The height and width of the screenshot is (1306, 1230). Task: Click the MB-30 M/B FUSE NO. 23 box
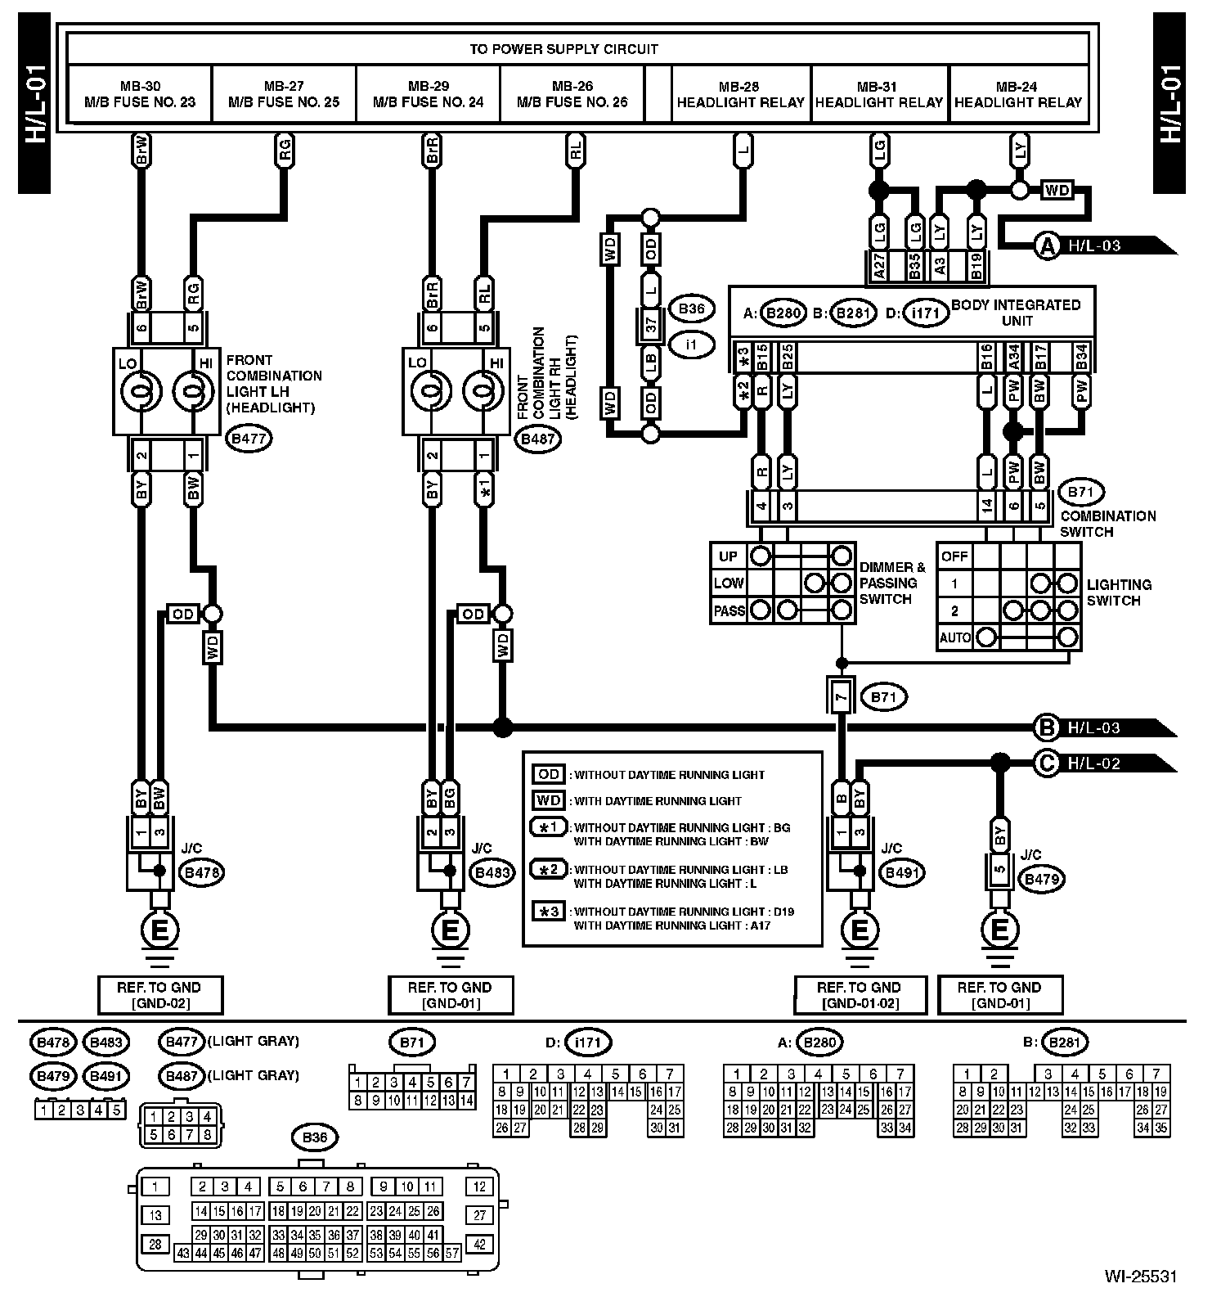click(x=140, y=94)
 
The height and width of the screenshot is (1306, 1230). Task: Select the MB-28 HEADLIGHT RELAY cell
click(x=740, y=94)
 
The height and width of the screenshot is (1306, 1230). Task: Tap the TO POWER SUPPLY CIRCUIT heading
click(x=563, y=49)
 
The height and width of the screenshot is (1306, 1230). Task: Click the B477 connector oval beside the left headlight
click(x=249, y=439)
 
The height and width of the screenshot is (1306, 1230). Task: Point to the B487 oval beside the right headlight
click(x=538, y=439)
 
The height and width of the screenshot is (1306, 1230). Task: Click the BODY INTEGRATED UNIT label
click(x=1016, y=312)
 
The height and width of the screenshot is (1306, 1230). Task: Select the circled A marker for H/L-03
click(x=1048, y=245)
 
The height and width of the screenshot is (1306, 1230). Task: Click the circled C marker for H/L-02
click(x=1047, y=763)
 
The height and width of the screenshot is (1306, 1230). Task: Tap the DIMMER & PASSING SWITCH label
click(x=892, y=583)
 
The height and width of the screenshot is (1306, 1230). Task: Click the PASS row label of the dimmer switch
click(x=729, y=610)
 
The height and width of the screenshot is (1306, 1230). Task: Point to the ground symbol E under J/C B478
click(x=160, y=930)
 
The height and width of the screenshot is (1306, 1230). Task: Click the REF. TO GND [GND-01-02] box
click(x=859, y=995)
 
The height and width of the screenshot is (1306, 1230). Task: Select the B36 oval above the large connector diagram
click(x=315, y=1137)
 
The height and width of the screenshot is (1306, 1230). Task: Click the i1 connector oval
click(x=691, y=345)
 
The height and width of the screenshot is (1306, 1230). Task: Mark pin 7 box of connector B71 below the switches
click(x=841, y=698)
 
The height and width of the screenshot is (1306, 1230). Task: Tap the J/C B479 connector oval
click(x=1042, y=880)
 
